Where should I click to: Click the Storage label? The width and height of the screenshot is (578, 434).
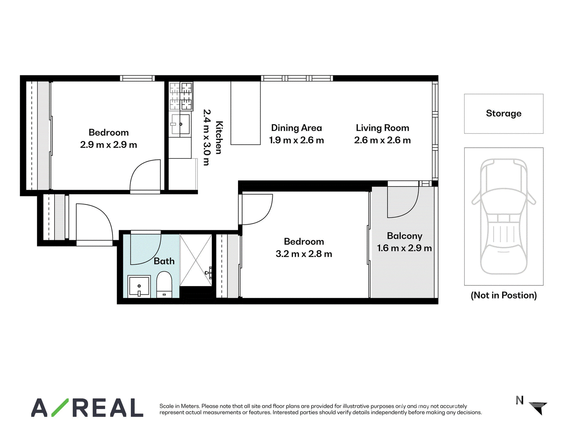point(503,113)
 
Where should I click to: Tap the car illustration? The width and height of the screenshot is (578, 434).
point(503,216)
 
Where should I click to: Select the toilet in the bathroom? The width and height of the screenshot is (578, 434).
point(164,285)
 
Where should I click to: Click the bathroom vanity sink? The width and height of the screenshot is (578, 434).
point(139,286)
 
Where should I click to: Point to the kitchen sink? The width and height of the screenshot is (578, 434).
point(180,124)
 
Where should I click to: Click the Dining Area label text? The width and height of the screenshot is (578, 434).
point(296,128)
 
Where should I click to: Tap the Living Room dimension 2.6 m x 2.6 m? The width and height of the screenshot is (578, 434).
point(382,140)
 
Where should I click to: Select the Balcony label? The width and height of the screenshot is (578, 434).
point(405,236)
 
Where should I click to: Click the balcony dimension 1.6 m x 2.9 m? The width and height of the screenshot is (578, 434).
point(404,248)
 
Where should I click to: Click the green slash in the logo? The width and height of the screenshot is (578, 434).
point(60,407)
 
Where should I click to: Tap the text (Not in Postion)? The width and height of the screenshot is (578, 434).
point(504,295)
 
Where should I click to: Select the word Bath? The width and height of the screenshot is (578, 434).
point(164,261)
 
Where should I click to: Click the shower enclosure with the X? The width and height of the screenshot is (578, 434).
point(196,260)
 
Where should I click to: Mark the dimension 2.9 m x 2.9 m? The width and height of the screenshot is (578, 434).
point(108,145)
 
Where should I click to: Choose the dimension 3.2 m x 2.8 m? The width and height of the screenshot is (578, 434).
point(303,254)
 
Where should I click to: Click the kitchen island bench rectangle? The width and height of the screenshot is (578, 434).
point(245,113)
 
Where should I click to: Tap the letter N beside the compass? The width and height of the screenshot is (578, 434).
point(519,400)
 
